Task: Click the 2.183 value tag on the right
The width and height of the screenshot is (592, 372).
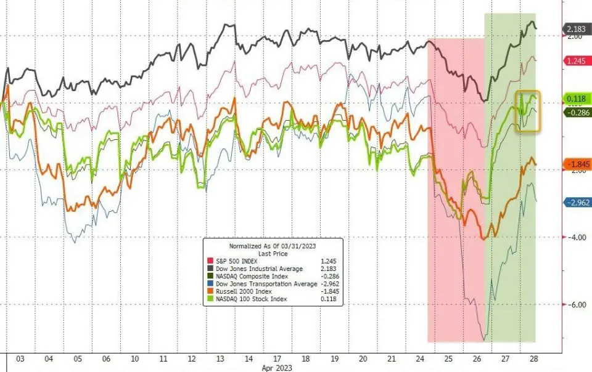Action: (x=576, y=29)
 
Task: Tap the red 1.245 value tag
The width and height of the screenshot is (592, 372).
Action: (x=576, y=60)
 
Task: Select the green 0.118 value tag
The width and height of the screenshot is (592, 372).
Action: (x=576, y=99)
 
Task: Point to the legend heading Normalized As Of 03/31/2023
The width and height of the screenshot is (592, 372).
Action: (x=273, y=245)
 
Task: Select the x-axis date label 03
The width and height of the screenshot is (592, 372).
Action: (x=19, y=358)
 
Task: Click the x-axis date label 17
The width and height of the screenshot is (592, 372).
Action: (x=277, y=358)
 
